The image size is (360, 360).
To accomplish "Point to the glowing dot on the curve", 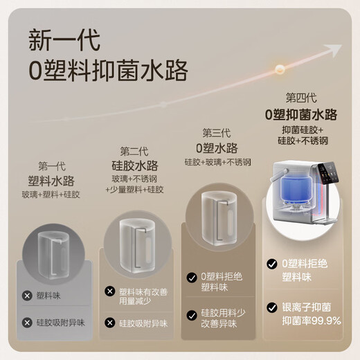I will pos(280,69).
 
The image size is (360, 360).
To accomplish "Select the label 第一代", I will pos(52,166).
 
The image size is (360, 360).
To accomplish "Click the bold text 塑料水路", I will pos(52,181).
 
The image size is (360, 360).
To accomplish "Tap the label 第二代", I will pos(134,151).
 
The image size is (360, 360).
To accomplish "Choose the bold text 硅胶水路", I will pos(134,165).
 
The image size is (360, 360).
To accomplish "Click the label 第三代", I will pos(217,133).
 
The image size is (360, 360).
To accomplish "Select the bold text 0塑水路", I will pos(217,147).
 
